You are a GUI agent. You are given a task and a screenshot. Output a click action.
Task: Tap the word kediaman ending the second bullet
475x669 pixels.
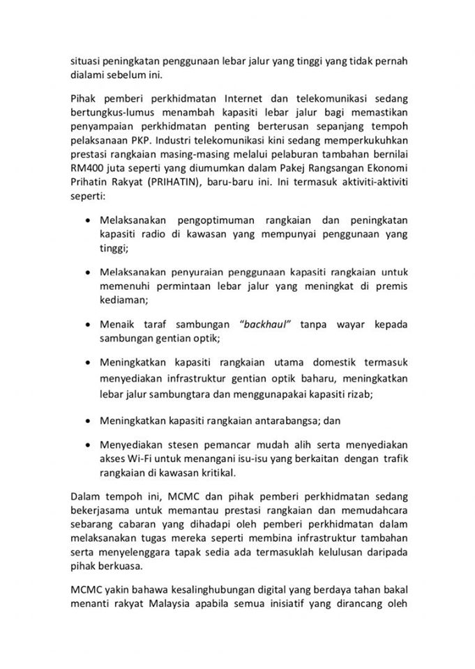123,300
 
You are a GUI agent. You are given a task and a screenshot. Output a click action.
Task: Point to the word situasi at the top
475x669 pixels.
85,61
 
